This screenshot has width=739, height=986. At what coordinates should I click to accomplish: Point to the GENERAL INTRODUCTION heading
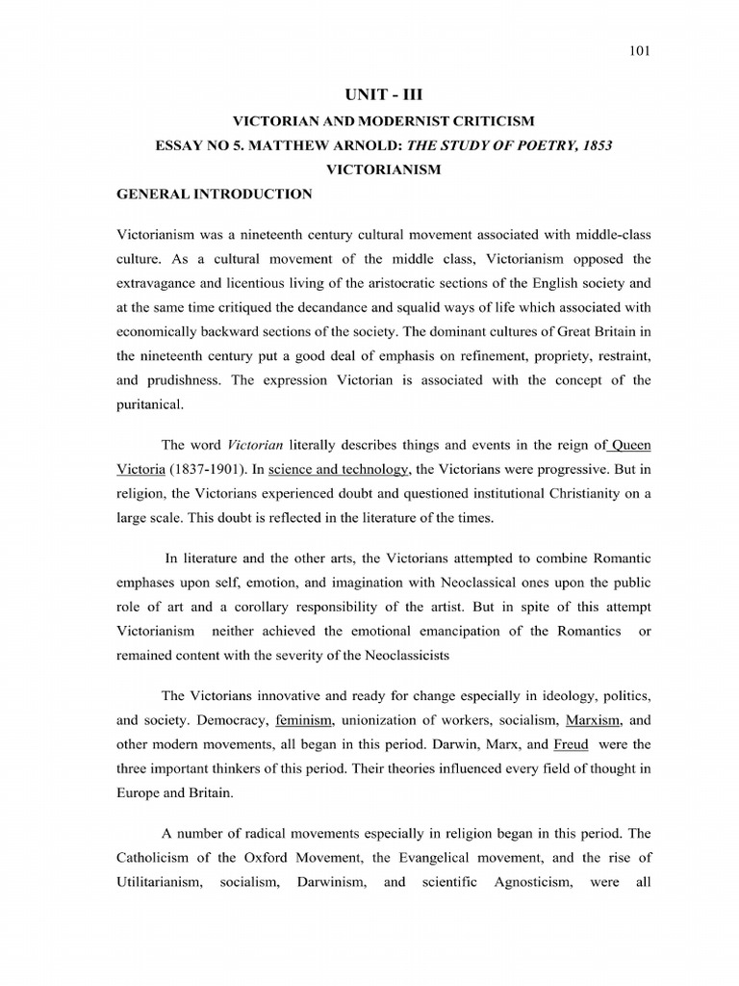pyautogui.click(x=214, y=195)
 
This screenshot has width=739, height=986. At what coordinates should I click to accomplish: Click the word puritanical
pyautogui.click(x=149, y=404)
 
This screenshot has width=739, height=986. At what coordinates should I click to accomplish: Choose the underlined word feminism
pyautogui.click(x=305, y=718)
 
